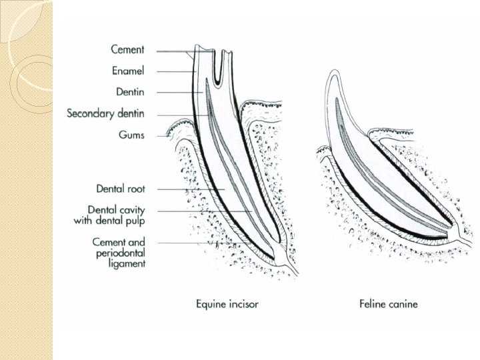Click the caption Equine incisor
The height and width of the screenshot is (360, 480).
[227, 304]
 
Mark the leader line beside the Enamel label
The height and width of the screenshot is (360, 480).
[174, 71]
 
